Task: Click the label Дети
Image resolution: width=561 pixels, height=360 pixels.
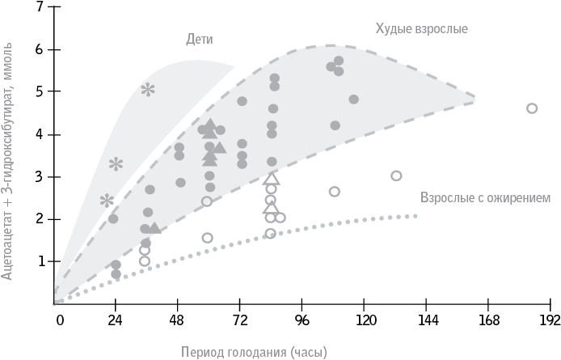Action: pyautogui.click(x=200, y=38)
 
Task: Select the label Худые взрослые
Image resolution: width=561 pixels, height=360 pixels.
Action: pyautogui.click(x=421, y=28)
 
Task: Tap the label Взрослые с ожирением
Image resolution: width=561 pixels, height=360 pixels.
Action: pyautogui.click(x=485, y=197)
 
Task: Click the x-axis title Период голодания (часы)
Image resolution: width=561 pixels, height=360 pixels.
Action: pyautogui.click(x=253, y=352)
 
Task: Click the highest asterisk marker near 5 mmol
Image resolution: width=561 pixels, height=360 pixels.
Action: pyautogui.click(x=148, y=90)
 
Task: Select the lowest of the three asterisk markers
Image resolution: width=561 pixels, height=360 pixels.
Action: pyautogui.click(x=107, y=200)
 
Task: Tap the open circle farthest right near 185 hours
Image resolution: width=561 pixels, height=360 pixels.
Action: pyautogui.click(x=532, y=108)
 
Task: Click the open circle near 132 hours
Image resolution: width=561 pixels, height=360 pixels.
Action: pyautogui.click(x=396, y=176)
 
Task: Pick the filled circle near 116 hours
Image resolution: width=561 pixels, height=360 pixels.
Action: pyautogui.click(x=353, y=100)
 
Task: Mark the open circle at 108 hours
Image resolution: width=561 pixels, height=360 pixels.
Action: pyautogui.click(x=335, y=192)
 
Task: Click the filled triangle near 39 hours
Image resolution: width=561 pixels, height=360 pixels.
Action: pyautogui.click(x=154, y=228)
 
